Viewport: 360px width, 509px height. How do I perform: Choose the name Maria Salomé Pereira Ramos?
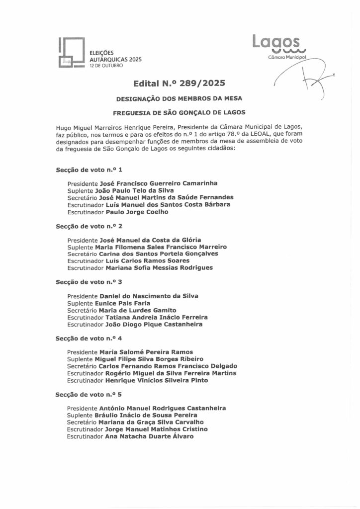[x=146, y=351]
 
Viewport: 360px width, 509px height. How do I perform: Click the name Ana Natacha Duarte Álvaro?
[x=149, y=436]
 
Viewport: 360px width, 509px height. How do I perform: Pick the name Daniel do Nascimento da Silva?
[x=149, y=296]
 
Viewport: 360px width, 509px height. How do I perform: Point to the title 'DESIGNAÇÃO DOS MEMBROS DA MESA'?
[x=179, y=98]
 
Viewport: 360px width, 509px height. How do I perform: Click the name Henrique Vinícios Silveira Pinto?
[x=157, y=380]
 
